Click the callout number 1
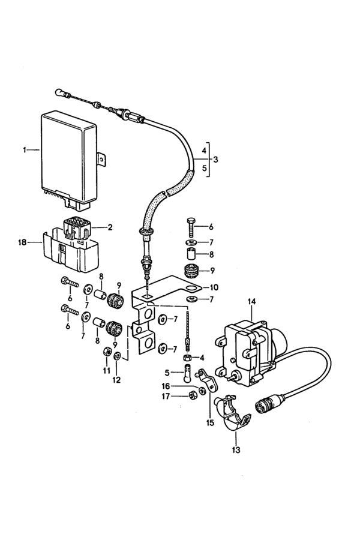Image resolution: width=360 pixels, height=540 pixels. point(25,150)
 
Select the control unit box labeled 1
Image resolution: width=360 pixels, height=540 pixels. point(69,158)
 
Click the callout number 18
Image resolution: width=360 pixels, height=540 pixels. point(22,242)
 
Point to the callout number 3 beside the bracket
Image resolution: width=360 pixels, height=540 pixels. point(215,160)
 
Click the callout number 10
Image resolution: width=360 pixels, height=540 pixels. point(213,287)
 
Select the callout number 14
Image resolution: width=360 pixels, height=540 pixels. point(252,302)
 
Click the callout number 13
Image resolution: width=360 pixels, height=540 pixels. point(236,450)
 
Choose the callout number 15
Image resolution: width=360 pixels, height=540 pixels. point(210,422)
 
